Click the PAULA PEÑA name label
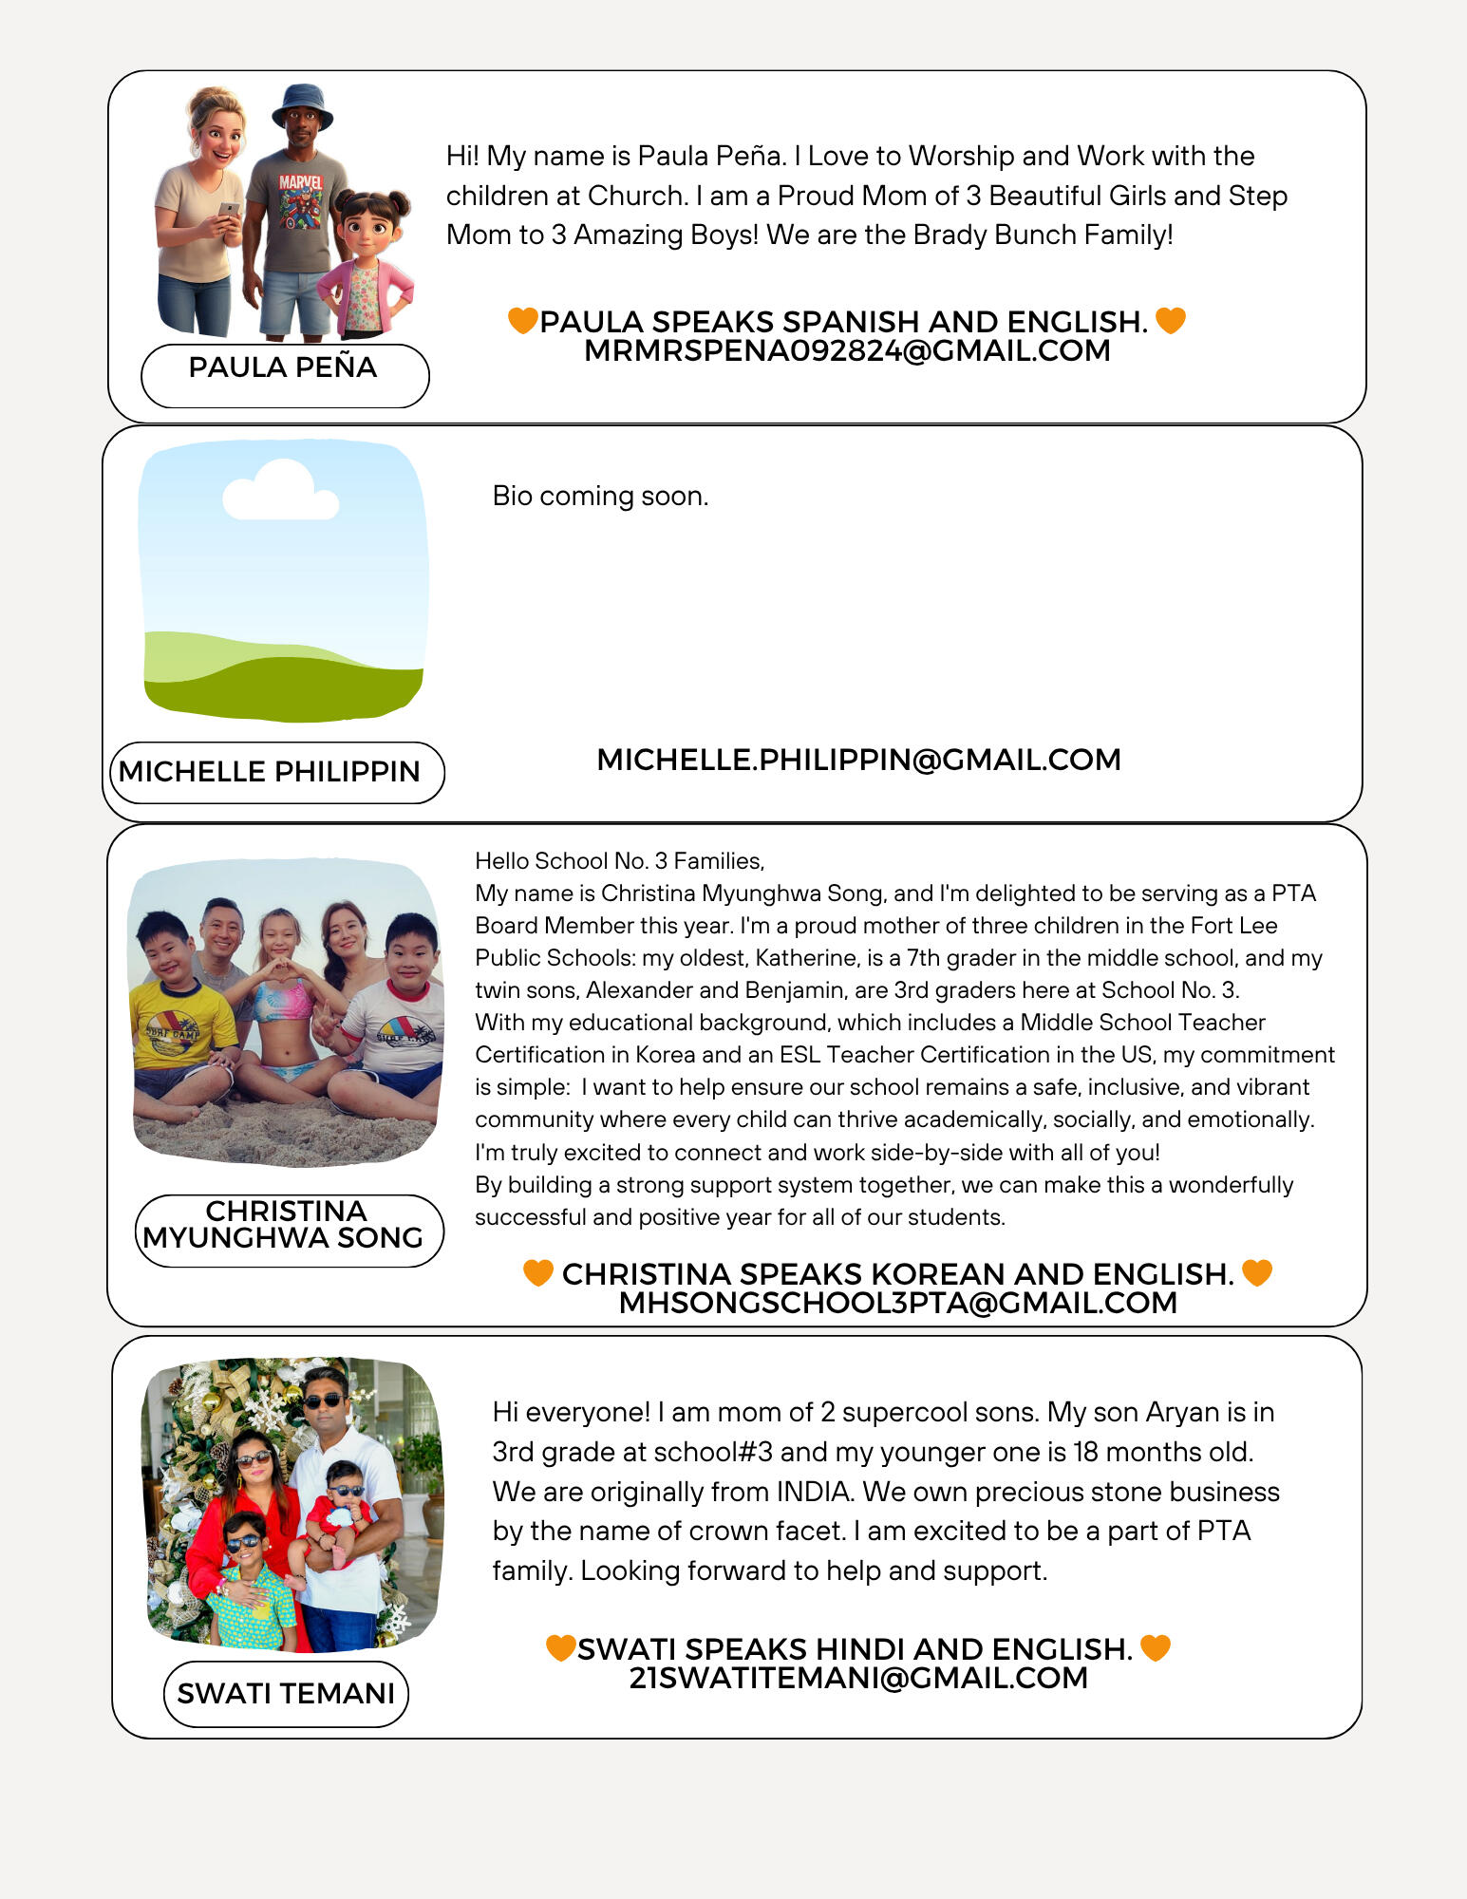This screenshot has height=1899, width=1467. point(283,368)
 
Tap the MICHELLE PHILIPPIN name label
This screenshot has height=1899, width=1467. point(270,772)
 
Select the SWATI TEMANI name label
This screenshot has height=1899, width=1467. point(286,1694)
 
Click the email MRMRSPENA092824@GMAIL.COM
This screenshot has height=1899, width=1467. point(847,351)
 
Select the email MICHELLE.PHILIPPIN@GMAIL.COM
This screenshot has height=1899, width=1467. point(858,760)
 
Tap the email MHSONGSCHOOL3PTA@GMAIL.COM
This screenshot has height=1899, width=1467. point(897,1303)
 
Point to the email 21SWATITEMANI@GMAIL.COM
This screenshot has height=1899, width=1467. point(858,1678)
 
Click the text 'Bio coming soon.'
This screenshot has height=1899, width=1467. point(600,496)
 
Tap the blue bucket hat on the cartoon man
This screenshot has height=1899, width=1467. point(302,103)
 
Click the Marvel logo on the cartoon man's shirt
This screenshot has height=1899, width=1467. point(300,181)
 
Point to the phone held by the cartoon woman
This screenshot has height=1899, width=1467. point(229,209)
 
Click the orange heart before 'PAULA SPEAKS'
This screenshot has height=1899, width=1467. point(522,320)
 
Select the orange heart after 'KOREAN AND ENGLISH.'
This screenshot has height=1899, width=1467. point(1256,1272)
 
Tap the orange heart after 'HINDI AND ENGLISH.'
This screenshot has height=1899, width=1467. point(1155,1647)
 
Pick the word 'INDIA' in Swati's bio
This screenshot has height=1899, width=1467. point(813,1492)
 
